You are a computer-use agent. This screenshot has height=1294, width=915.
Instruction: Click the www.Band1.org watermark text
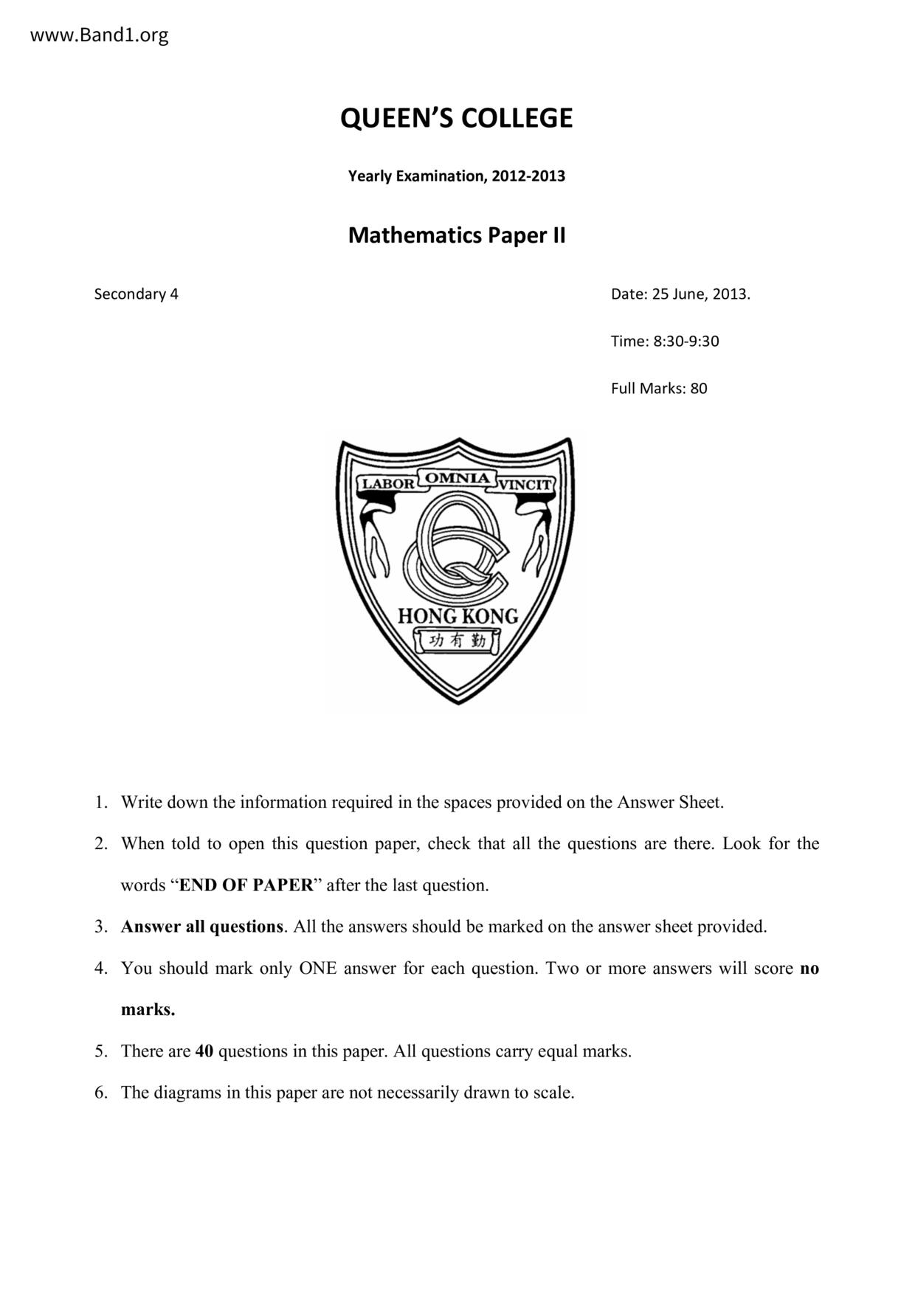(100, 35)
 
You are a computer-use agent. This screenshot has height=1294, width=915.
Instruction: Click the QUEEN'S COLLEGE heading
(456, 118)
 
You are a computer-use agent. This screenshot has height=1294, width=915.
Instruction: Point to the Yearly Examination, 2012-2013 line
(456, 176)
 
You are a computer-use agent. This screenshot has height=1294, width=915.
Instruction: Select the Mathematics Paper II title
(456, 235)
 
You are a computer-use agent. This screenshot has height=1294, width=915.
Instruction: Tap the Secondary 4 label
(136, 294)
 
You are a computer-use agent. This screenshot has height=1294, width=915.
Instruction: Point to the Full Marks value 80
(699, 388)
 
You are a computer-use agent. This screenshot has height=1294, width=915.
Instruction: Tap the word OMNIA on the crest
(457, 478)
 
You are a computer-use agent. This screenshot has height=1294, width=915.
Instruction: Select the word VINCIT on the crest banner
(525, 485)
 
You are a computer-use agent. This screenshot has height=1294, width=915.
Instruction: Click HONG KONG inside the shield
(457, 615)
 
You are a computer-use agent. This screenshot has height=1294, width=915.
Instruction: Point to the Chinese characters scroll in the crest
(457, 640)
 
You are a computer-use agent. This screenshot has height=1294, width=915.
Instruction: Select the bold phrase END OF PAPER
(246, 885)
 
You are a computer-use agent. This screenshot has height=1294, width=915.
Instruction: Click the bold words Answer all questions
(202, 926)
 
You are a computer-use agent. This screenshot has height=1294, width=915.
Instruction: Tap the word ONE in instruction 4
(317, 967)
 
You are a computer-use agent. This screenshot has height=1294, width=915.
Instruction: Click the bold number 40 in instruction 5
(204, 1051)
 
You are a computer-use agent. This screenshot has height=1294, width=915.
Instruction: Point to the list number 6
(102, 1092)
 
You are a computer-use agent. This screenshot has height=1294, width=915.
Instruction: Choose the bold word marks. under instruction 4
(148, 1009)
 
